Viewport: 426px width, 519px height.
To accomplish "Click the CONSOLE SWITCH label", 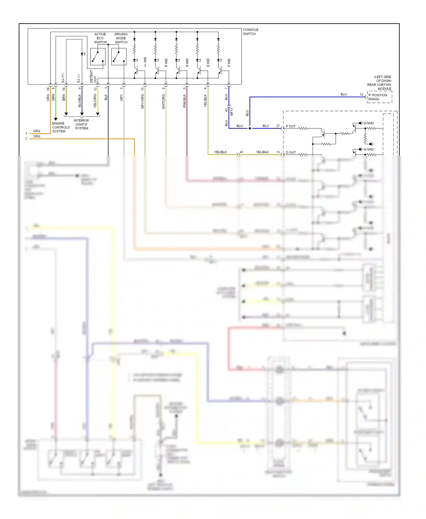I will click(250, 32).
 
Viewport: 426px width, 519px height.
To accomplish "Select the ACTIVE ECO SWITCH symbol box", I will click(98, 56).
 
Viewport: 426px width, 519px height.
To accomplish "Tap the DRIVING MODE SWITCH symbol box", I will click(119, 56).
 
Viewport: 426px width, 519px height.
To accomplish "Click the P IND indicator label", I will click(229, 63).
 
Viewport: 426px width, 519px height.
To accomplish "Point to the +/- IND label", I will click(145, 62).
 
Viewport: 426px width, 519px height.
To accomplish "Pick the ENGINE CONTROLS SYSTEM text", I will click(60, 127).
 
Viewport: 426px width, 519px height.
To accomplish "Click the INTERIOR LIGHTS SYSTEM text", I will click(81, 124).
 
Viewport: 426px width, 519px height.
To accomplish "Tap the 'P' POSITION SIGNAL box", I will click(379, 97).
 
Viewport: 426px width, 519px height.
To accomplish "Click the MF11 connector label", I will click(232, 112).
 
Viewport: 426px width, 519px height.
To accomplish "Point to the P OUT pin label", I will click(291, 126).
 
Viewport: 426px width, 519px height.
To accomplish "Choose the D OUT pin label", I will click(291, 152).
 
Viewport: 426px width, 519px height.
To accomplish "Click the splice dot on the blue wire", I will click(250, 128).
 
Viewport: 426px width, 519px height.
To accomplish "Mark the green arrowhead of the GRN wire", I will click(56, 119).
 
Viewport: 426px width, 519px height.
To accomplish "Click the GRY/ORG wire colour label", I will click(143, 101).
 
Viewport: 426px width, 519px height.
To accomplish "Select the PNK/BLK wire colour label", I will click(184, 101).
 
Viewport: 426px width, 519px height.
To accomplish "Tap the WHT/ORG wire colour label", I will click(164, 102).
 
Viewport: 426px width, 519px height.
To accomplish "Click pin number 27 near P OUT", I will click(278, 126).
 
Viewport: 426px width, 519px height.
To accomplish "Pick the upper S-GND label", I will click(369, 123).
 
